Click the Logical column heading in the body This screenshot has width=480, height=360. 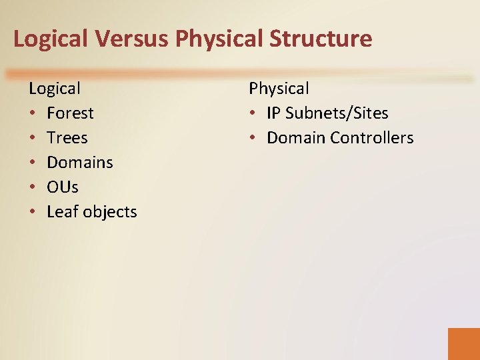pyautogui.click(x=55, y=88)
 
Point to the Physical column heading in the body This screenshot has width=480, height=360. pyautogui.click(x=279, y=88)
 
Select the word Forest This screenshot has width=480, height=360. pyautogui.click(x=70, y=113)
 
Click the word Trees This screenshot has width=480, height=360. pyautogui.click(x=67, y=138)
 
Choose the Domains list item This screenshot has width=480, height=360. pyautogui.click(x=80, y=163)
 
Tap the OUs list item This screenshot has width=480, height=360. pyautogui.click(x=63, y=187)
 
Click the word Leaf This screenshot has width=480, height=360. pyautogui.click(x=61, y=212)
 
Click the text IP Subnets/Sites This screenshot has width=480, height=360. pyautogui.click(x=327, y=113)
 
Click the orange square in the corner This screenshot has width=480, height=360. pyautogui.click(x=463, y=343)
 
